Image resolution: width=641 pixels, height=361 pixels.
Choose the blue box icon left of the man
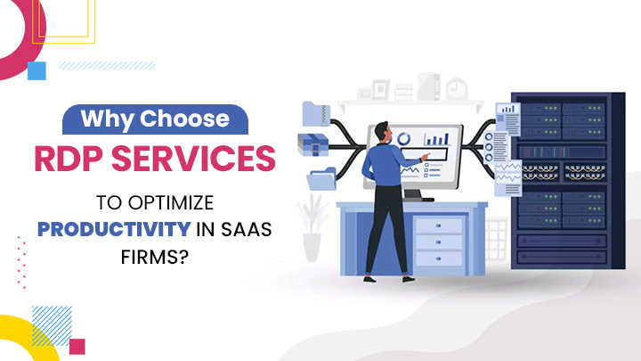[x=314, y=145]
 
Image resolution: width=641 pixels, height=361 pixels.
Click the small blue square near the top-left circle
[x=37, y=70]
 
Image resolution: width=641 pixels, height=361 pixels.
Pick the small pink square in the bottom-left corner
[x=77, y=346]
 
